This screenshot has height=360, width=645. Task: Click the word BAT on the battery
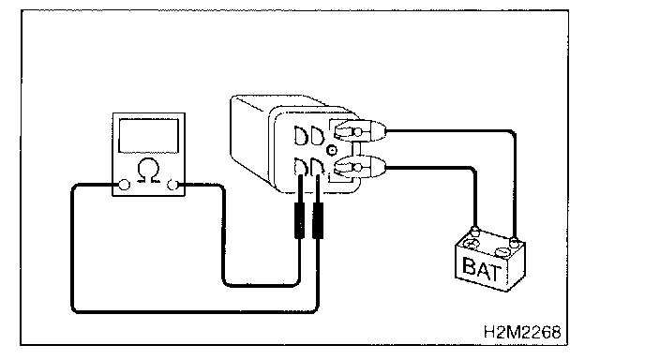coord(482,269)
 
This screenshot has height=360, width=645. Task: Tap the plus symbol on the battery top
coord(471,244)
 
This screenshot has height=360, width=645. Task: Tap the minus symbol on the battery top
coord(502,251)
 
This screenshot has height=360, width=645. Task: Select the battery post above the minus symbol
coord(514,242)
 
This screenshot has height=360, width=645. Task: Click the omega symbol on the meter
coord(148,170)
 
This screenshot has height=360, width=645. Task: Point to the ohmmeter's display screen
coord(148,136)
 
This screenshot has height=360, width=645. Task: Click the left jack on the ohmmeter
coord(125,185)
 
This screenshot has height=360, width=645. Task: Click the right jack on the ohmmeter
coord(172,185)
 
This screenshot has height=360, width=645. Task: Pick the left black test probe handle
coord(299,220)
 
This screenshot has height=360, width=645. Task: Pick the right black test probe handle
coord(318,220)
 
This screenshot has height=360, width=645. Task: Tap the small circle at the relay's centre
coord(332,150)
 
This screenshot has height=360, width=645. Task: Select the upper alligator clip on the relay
coord(359,131)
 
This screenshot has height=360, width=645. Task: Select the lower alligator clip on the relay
coord(359,167)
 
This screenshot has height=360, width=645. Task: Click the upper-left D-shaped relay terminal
coord(301,136)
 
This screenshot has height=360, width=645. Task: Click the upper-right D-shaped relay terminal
coord(317,135)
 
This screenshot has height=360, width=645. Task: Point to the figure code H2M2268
coord(522,332)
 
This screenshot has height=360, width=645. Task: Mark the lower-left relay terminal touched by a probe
coord(301,167)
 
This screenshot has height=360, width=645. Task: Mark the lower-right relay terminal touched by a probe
coord(317,167)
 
